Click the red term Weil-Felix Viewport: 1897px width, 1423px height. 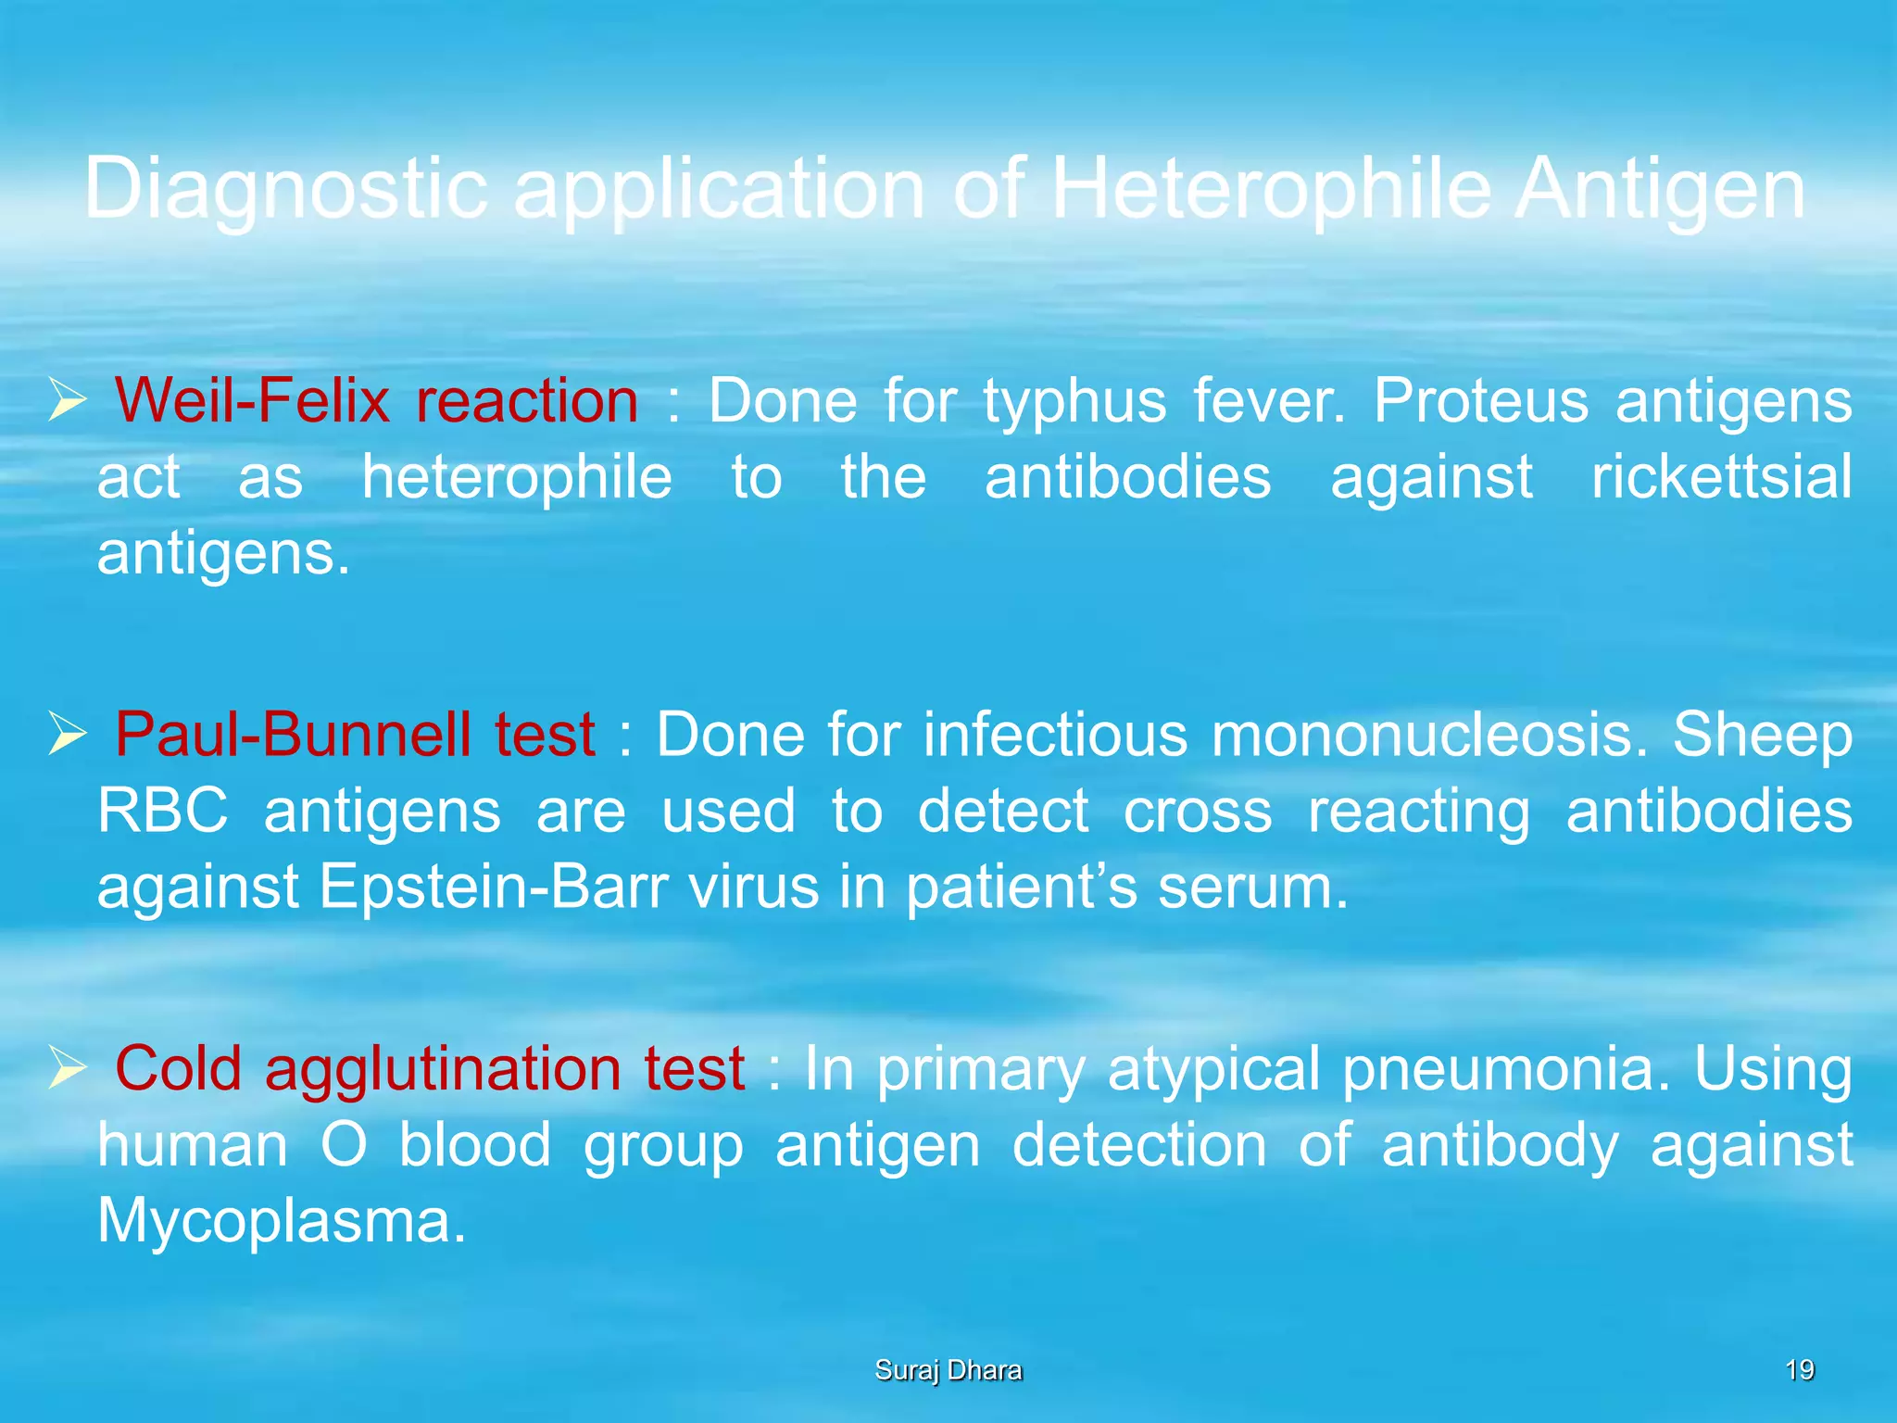(x=252, y=401)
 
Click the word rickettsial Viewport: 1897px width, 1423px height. (x=1721, y=477)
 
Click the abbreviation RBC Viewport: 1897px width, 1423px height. (x=163, y=811)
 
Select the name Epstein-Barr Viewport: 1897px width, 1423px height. (x=494, y=887)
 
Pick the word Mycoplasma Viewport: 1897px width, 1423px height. (x=282, y=1222)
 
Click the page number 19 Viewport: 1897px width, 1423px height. (x=1799, y=1369)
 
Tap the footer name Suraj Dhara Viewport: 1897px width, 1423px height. (x=948, y=1370)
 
